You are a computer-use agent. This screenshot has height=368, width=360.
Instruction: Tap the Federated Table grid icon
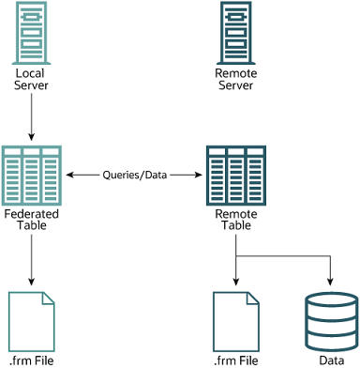pos(32,175)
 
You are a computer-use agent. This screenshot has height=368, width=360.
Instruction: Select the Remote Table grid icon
pos(235,175)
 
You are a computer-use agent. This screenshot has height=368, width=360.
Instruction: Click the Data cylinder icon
pos(332,318)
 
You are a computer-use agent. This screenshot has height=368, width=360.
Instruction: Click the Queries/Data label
pos(133,176)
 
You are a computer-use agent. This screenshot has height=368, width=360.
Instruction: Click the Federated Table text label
pos(32,220)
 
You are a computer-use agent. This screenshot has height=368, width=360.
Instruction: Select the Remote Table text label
pos(235,220)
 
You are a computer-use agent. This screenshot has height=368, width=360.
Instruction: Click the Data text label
pos(332,360)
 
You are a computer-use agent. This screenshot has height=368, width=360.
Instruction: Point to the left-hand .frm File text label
pos(32,360)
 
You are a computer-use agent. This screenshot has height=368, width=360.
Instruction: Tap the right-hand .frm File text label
pos(235,360)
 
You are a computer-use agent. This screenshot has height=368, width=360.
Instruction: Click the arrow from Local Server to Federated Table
pos(32,116)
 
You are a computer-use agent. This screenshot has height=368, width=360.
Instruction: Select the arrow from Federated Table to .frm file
pos(32,258)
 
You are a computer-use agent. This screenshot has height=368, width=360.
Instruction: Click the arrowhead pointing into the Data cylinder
pos(332,281)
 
